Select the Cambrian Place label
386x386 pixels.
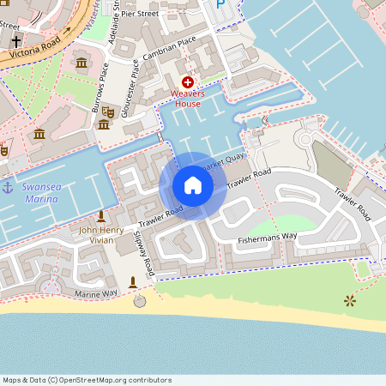[170, 50]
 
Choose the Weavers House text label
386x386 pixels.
[187, 98]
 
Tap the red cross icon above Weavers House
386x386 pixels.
[187, 81]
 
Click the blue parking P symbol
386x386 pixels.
[220, 4]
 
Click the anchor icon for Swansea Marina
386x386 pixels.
[9, 187]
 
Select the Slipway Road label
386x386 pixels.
[144, 252]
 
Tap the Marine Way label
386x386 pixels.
[95, 294]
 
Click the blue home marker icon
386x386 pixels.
[193, 185]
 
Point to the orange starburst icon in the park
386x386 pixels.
[349, 301]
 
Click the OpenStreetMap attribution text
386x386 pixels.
[87, 380]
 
